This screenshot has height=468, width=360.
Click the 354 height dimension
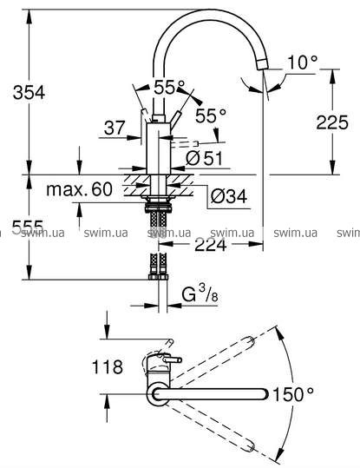click(29, 92)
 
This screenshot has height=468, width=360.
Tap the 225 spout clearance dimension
click(332, 122)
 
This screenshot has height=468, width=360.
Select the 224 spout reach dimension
click(210, 246)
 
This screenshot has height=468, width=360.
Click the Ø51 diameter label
click(205, 158)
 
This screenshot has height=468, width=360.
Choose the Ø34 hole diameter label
click(229, 196)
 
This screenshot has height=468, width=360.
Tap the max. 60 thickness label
click(79, 189)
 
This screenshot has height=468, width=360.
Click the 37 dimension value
click(115, 128)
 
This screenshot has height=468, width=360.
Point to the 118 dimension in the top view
click(108, 366)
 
